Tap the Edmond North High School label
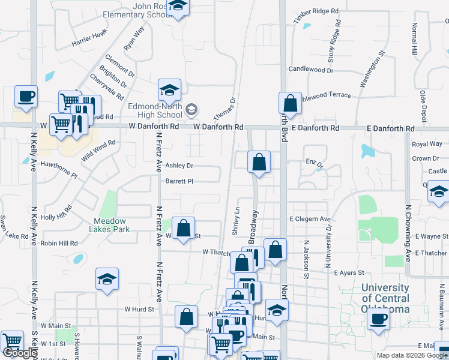(155, 110)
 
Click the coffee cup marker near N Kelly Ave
(26, 97)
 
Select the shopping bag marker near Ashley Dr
(259, 162)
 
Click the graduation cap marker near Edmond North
(169, 90)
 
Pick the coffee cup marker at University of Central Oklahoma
(378, 319)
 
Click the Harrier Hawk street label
(89, 38)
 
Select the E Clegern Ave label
(310, 220)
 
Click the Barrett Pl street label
(179, 181)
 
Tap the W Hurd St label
(139, 309)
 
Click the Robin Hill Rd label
(59, 244)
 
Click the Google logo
(20, 353)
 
